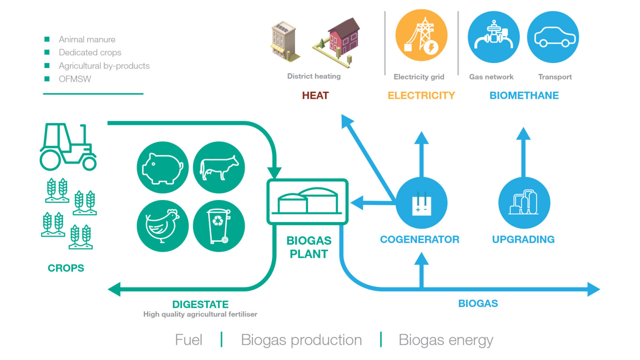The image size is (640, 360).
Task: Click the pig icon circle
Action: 162,167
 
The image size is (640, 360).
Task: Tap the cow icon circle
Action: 219,167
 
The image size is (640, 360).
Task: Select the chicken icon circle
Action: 162,226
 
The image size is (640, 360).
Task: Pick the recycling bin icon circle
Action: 219,226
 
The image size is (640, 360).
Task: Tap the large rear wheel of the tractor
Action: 50,160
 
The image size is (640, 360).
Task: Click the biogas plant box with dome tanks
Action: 307,202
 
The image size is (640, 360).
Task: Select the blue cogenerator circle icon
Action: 421,203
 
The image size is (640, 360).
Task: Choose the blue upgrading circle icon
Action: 524,203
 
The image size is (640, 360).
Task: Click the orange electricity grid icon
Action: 421,37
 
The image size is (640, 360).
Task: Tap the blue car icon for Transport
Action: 553,37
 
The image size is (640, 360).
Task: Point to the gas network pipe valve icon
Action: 494,37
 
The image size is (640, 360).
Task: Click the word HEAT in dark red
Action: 315,95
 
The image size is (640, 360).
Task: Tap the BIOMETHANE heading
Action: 524,95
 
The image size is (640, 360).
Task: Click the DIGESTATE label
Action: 200,304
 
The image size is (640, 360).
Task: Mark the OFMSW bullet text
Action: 75,79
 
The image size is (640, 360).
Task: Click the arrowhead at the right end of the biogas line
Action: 594,289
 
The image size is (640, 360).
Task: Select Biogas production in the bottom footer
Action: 301,340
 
